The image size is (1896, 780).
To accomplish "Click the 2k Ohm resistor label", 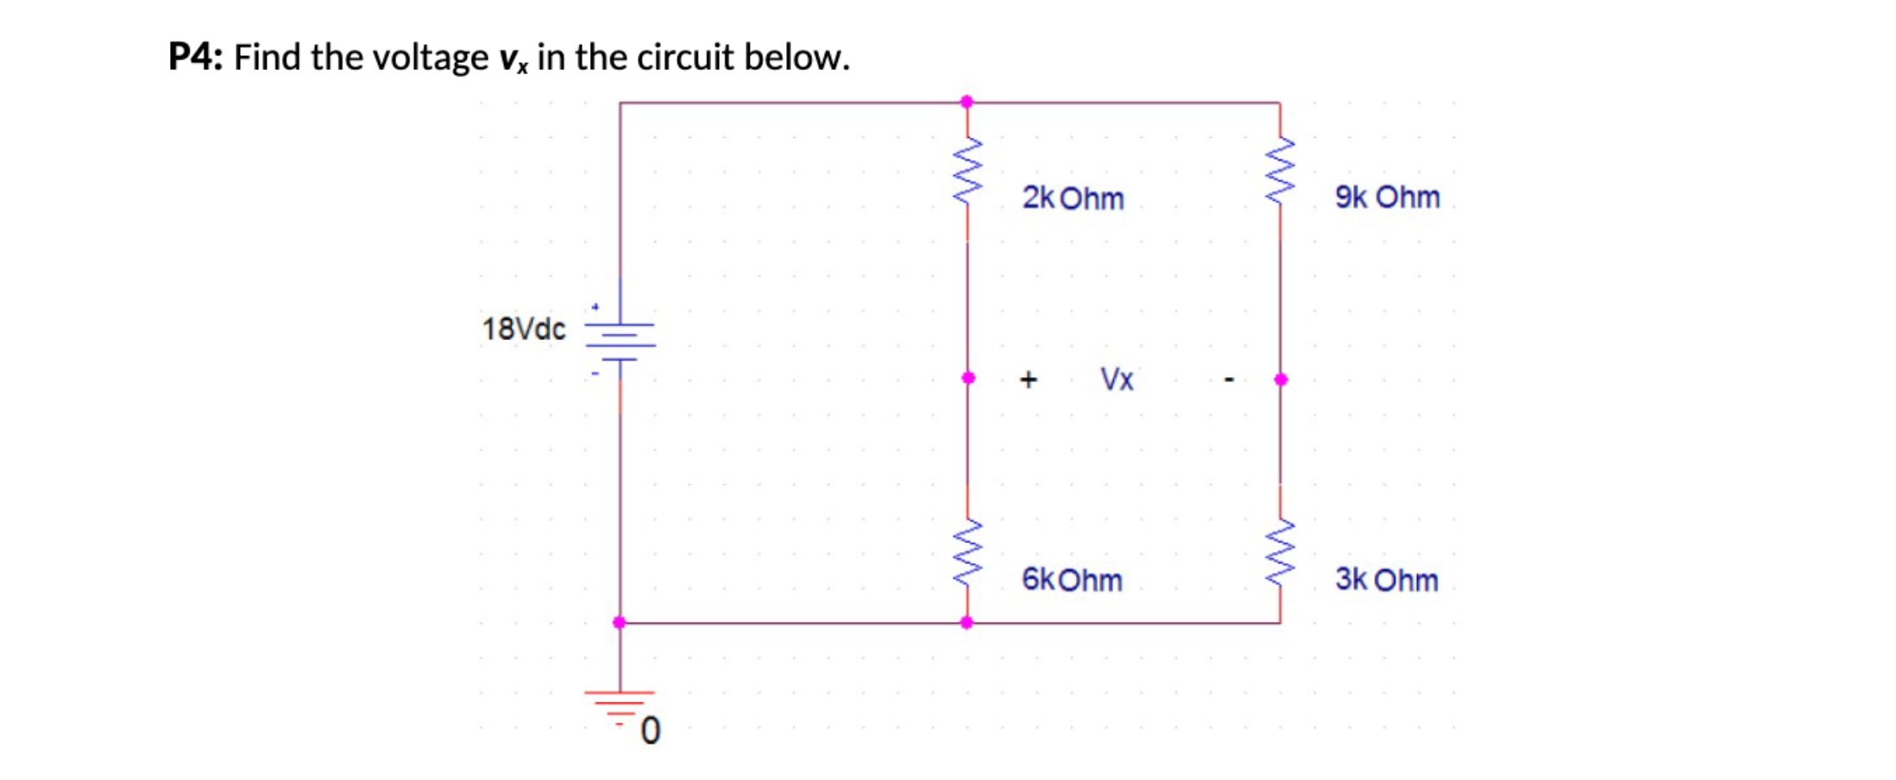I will point(1073,198).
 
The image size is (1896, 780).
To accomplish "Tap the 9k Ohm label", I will point(1387,198).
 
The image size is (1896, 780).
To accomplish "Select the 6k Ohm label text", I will point(1072,580).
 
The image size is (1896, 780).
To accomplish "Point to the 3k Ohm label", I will point(1386,580).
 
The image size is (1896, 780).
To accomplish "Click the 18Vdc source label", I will point(523,329).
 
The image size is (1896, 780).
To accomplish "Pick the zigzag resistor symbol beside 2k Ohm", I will point(967,170).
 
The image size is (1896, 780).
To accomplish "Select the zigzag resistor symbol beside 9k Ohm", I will point(1280,170).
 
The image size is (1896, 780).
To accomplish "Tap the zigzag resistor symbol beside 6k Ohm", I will point(967,553).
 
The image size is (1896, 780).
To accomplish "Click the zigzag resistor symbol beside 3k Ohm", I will point(1280,553).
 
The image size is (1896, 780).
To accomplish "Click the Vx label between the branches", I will point(1117,379).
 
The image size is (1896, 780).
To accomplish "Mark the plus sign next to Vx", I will point(1028,379).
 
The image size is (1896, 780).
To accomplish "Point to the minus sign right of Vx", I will point(1230,379).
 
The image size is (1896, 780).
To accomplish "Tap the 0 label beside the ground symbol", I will point(651,731).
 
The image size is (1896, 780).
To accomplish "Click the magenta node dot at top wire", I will point(967,102).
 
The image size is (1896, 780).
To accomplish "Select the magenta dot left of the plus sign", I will point(968,378).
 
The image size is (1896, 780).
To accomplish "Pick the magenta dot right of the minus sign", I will point(1281,379).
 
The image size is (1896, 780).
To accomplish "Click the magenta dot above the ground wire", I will point(620,622).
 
